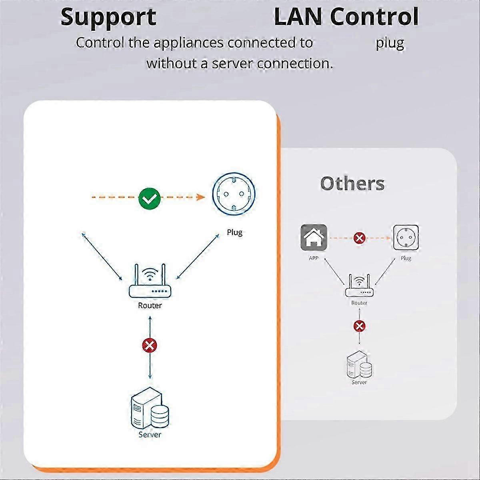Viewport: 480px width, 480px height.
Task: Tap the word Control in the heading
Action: pos(374,16)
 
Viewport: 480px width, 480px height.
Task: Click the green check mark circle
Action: pos(149,198)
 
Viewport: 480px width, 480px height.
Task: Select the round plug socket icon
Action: pos(234,194)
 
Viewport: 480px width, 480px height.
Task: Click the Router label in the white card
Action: pos(150,305)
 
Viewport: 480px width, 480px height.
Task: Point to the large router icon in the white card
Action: pos(150,281)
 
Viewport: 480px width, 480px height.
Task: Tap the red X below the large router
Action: pos(150,346)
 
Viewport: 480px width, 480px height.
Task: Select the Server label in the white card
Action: pos(150,434)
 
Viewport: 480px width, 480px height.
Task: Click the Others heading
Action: pos(352,184)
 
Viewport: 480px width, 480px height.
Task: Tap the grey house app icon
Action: pos(314,237)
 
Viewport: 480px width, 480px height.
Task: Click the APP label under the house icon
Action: pos(314,258)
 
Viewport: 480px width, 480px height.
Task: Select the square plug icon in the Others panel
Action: pos(406,237)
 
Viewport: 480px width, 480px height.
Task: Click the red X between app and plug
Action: pos(360,238)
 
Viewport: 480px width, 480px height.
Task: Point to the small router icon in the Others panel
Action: pos(359,286)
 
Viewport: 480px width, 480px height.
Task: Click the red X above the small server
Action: pos(359,326)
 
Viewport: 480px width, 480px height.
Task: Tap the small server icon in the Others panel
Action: pos(360,364)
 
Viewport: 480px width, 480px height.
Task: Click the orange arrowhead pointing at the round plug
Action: pos(201,197)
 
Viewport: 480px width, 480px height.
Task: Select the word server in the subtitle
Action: pos(232,64)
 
